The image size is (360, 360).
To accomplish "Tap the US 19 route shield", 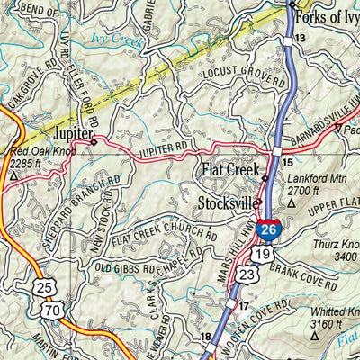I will point(262,255).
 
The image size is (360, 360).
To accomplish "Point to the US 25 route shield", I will point(46,289).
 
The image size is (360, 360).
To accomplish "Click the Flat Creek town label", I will point(229,169).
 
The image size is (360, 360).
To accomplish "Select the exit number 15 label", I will point(288,163).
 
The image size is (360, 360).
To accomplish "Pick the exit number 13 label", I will point(300,38).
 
